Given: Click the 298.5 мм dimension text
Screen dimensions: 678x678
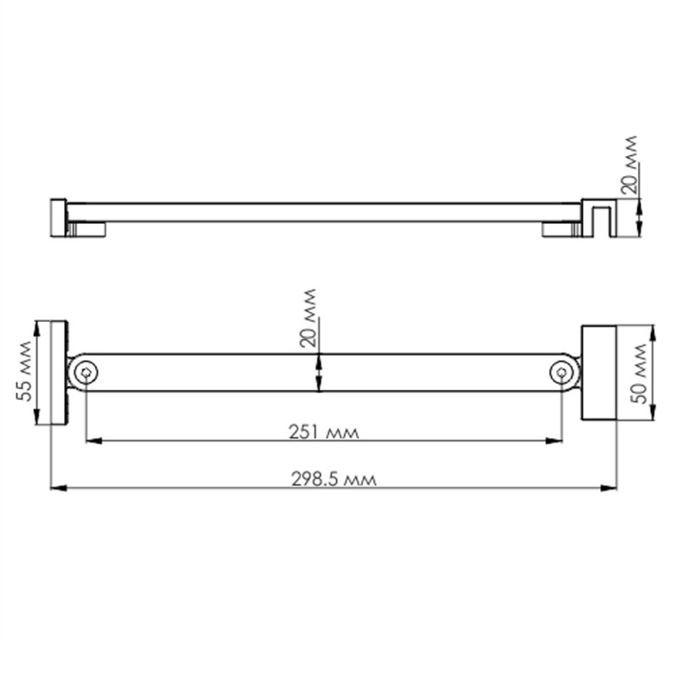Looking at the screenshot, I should [333, 478].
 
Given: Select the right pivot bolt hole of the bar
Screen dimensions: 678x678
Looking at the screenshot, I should [562, 372].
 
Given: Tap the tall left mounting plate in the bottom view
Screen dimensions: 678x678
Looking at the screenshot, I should [59, 372].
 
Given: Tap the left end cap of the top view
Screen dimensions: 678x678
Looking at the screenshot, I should [58, 217].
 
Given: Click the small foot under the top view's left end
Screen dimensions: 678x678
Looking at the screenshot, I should [87, 229].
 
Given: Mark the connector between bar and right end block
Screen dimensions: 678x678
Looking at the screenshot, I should [577, 372].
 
